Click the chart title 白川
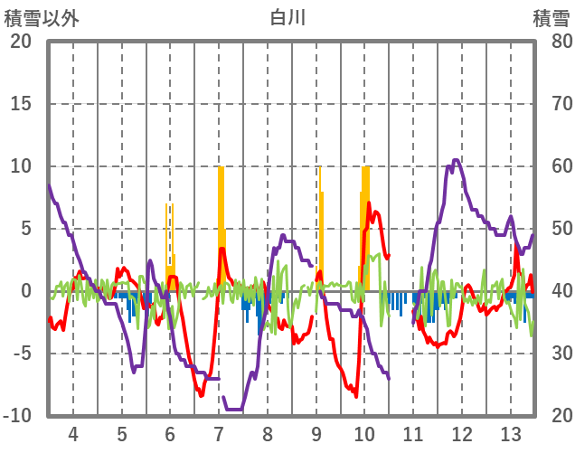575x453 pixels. (287, 17)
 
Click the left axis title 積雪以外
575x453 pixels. (42, 18)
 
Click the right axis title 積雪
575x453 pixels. (551, 18)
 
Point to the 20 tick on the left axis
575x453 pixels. (20, 42)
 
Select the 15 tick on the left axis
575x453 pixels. (20, 104)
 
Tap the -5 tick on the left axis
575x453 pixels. (20, 354)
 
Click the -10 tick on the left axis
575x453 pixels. (17, 416)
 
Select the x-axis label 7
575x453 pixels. (219, 433)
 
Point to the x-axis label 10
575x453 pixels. (364, 433)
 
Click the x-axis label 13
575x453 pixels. (511, 433)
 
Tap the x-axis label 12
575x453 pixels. (462, 433)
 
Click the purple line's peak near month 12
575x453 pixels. (456, 161)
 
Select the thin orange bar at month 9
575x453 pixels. (320, 226)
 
